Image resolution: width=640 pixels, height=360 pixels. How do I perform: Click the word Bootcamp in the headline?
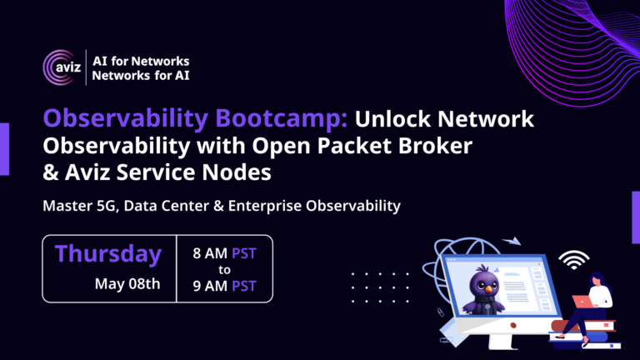tap(281, 118)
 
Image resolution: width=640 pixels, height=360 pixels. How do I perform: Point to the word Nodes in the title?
tap(237, 172)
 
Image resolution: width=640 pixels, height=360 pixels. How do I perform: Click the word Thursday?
tap(108, 253)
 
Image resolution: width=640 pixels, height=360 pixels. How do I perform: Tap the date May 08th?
tap(127, 283)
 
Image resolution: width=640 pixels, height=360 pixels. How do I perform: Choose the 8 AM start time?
tap(210, 253)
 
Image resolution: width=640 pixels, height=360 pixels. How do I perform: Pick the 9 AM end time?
tap(210, 286)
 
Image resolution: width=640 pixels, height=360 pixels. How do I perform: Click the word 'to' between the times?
tap(224, 270)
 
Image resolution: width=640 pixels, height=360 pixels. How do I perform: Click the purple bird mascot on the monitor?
tap(483, 291)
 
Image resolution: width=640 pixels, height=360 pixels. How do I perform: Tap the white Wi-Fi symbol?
tap(574, 260)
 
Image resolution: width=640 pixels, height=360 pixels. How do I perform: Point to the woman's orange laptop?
tap(582, 302)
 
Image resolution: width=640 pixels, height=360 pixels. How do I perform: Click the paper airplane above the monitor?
tap(512, 241)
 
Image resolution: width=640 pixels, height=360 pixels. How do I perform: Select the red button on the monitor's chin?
tap(513, 325)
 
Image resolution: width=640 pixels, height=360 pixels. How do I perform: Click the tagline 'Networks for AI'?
tap(140, 76)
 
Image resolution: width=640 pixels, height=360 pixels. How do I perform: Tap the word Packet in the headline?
tap(354, 145)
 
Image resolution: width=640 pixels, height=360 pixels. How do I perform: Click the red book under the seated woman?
tap(583, 326)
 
